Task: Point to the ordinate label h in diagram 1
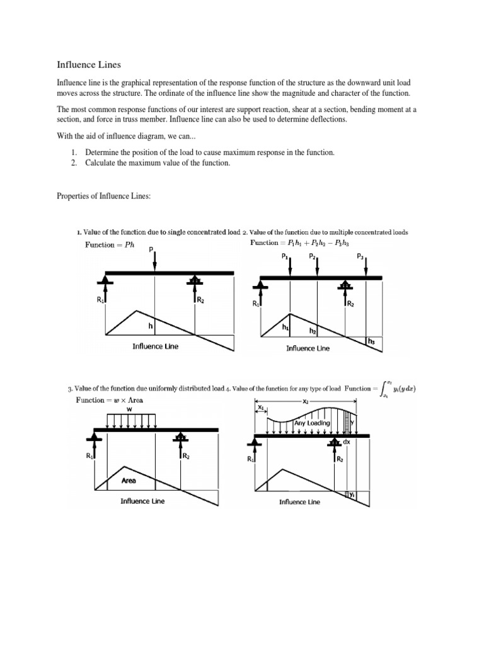[151, 326]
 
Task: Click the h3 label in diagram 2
[372, 341]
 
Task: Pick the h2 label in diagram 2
[312, 331]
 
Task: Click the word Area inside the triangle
[129, 481]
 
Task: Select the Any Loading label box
[312, 423]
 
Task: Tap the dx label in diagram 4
[347, 443]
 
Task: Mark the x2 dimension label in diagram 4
[306, 401]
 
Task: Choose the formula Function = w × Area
[111, 400]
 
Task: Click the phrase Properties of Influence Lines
[104, 197]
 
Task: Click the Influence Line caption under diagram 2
[308, 348]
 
